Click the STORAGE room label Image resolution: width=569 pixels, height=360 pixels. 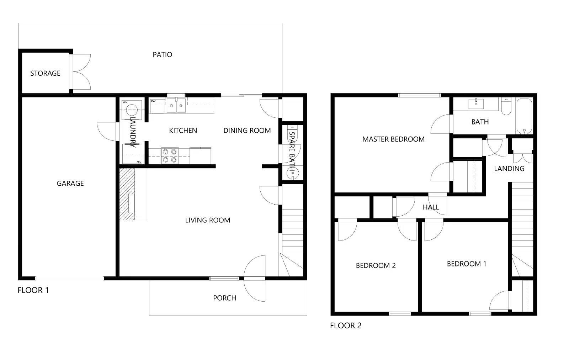point(45,73)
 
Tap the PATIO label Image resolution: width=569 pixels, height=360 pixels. point(162,55)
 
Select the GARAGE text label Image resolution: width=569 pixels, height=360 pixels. point(70,184)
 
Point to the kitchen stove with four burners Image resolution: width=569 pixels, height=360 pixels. point(170,156)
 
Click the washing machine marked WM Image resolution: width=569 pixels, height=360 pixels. point(132,110)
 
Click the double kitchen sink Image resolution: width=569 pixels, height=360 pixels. point(176,105)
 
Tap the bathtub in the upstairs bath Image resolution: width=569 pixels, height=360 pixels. point(524,116)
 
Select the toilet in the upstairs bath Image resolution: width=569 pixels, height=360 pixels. point(506,107)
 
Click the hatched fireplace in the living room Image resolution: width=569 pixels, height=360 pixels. point(127,194)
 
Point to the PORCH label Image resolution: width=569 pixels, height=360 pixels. point(224,298)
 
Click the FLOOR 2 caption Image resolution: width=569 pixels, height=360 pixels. point(345,326)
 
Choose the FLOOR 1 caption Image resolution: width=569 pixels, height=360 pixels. point(33,290)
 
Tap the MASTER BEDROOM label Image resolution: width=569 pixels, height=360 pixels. point(393,139)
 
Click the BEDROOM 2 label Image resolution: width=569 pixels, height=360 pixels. point(376,266)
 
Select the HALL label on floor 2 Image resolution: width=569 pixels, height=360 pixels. point(431,207)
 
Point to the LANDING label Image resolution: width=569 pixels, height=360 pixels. point(509,169)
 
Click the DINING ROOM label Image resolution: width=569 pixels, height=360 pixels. point(247,131)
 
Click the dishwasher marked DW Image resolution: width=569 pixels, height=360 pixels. point(158,106)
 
